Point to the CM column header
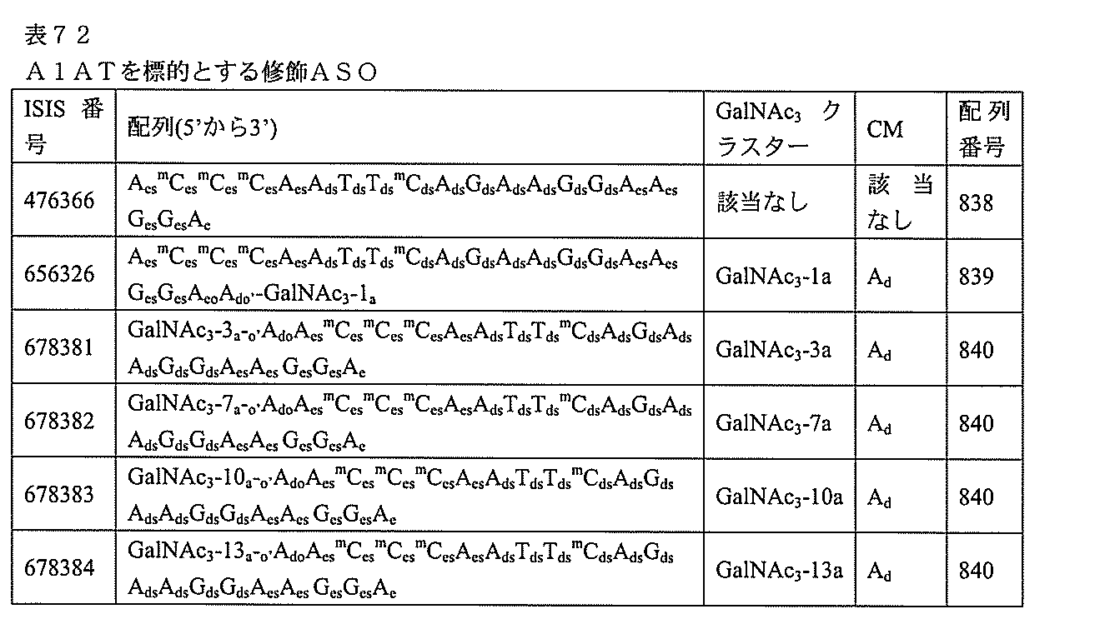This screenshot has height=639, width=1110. pos(885,129)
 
